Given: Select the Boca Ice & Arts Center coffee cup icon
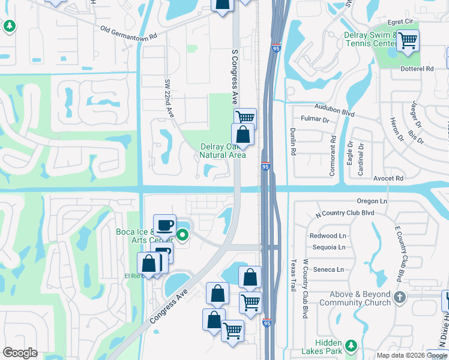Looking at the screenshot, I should pos(164,225).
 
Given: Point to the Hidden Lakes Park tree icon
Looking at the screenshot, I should pos(351,346).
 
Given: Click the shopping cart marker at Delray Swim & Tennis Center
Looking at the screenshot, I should pos(408,41).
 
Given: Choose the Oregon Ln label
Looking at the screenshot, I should pos(372,201).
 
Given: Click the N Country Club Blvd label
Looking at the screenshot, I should pos(345,213).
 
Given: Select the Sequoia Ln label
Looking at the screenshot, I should pos(329,247).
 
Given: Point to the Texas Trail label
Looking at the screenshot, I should pos(294,275).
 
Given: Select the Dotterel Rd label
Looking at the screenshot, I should pos(417,69).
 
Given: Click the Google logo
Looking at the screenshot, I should pos(20,353).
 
